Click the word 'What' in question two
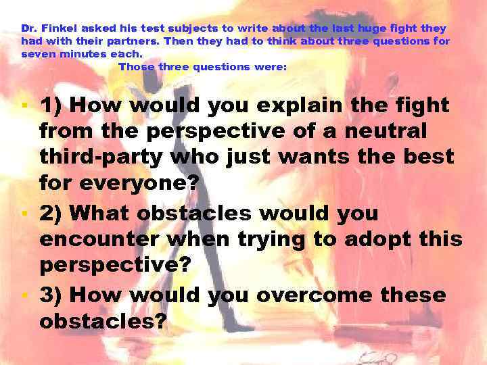101,214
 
